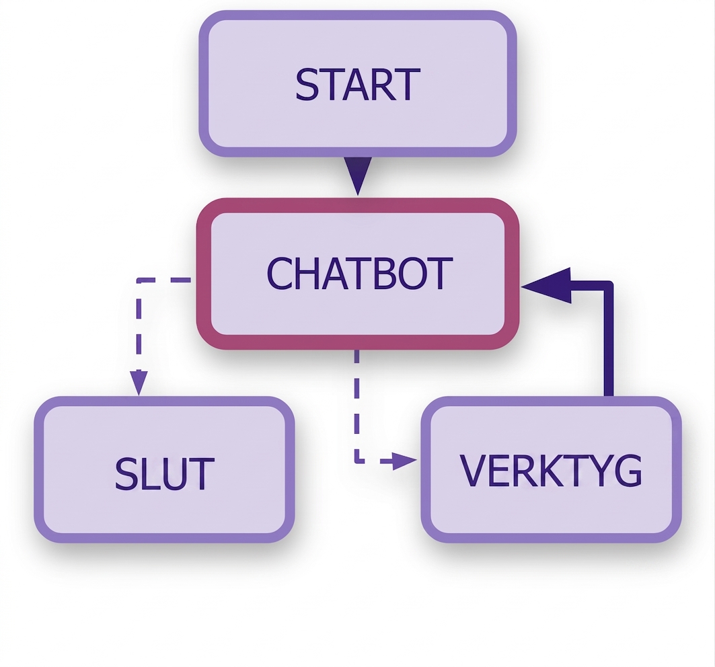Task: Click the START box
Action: (358, 83)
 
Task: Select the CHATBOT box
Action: (358, 274)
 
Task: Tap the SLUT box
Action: (164, 469)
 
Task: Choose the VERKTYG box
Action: (552, 469)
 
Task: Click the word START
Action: (358, 84)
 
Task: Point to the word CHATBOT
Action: (359, 273)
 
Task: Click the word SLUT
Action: (164, 474)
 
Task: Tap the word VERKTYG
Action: (552, 471)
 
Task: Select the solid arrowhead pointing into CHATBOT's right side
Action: (545, 286)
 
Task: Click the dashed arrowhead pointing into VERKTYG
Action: (404, 461)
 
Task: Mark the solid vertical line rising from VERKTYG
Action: (609, 340)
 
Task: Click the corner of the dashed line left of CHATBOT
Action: (139, 280)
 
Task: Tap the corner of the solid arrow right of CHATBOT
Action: (609, 286)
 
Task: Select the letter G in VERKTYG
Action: (628, 471)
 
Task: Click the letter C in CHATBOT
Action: (278, 273)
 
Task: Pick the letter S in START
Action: (307, 84)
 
